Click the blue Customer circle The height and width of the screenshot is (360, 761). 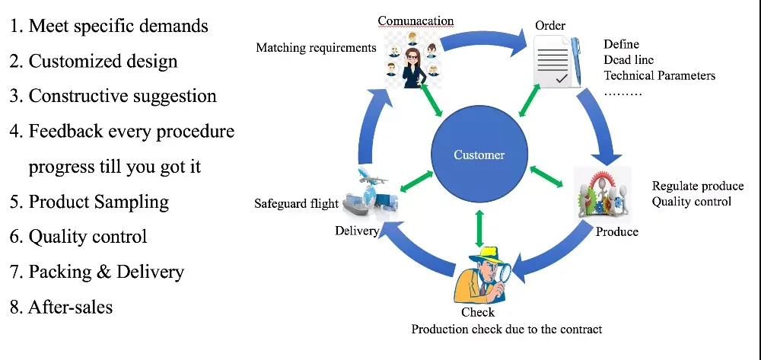(479, 155)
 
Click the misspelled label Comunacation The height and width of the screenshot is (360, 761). (416, 21)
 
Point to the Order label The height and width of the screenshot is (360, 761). (550, 25)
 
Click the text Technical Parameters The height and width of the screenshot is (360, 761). (659, 75)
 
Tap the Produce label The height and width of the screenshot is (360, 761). (617, 232)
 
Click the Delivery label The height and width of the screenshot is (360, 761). (357, 231)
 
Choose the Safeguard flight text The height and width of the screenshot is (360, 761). (296, 204)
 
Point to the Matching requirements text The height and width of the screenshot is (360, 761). (316, 48)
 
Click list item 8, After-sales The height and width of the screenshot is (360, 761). (61, 307)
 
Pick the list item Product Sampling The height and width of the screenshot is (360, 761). (89, 202)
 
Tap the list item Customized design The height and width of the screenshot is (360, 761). (94, 61)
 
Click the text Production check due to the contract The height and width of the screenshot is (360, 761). (507, 330)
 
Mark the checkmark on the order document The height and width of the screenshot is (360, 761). (561, 78)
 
